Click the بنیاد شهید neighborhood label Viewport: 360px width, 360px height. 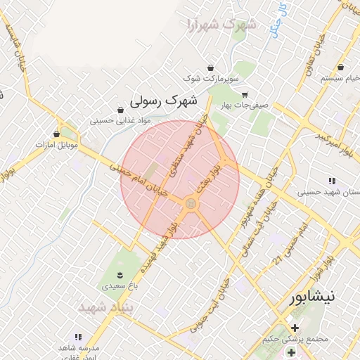101,308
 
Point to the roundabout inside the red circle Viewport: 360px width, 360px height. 190,204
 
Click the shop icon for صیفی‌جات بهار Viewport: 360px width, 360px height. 244,95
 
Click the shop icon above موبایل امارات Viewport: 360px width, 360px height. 57,134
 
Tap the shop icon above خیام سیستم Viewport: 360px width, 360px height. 341,67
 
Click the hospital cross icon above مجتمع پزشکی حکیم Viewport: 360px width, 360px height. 294,328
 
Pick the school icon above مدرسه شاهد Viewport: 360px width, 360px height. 78,337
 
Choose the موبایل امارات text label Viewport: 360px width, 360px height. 58,144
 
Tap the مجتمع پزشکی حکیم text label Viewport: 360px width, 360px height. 302,340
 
